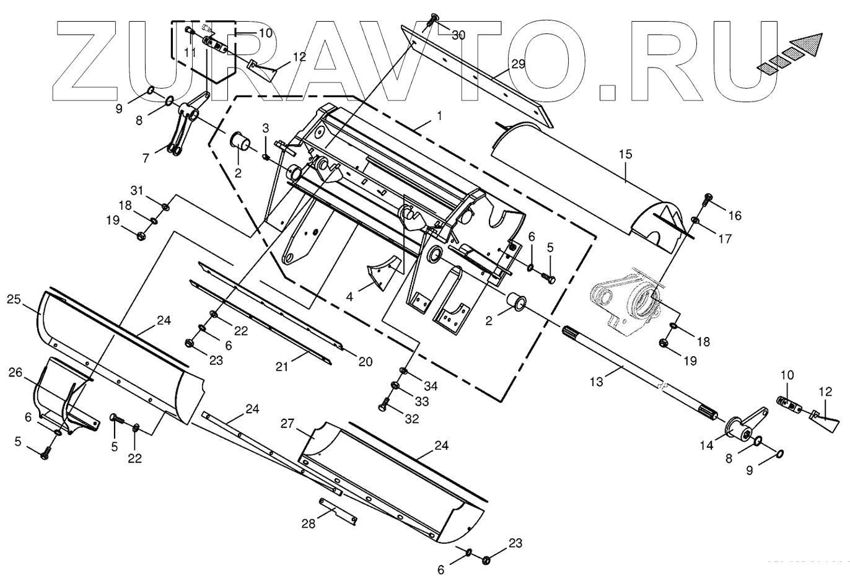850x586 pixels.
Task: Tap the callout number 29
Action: (x=518, y=64)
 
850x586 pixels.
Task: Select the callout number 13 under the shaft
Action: (x=596, y=382)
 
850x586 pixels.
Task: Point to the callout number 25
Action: (x=14, y=300)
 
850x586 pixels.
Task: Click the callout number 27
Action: (x=287, y=424)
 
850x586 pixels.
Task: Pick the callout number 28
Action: (x=308, y=523)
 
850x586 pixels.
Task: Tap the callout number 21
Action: (x=283, y=367)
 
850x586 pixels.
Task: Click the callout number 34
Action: (x=430, y=387)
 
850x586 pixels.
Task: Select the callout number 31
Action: (x=136, y=189)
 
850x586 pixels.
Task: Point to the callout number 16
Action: (x=734, y=216)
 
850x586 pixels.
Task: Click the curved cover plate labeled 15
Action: (x=576, y=180)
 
